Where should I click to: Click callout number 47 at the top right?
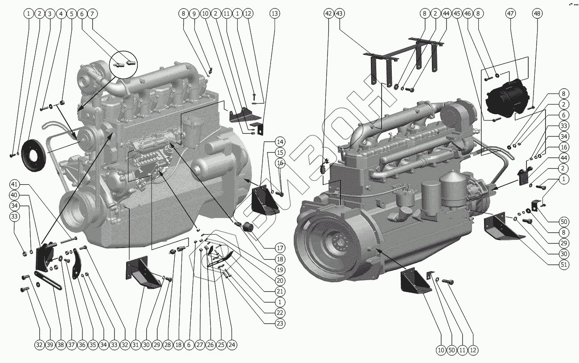[x=510, y=14]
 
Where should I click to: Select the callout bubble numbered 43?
[x=340, y=14]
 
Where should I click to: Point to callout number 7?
[x=93, y=14]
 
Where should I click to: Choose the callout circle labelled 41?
[x=14, y=184]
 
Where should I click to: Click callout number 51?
[x=565, y=264]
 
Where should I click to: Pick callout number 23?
[x=280, y=323]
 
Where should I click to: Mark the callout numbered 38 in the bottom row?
[x=61, y=345]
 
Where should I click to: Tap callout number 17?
[x=280, y=248]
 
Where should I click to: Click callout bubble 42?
[x=329, y=14]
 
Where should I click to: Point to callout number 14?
[x=280, y=142]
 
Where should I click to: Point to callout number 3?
[x=50, y=14]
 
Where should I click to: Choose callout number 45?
[x=457, y=14]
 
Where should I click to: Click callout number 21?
[x=280, y=291]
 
